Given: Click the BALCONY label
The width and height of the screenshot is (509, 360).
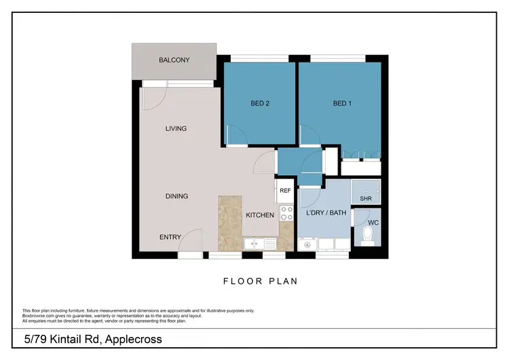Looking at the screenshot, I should [x=174, y=60].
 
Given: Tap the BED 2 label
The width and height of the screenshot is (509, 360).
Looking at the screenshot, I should [x=261, y=104].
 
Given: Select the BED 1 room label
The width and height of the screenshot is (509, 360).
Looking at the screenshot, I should [x=343, y=104].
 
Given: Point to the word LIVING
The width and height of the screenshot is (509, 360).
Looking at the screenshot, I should [x=176, y=128].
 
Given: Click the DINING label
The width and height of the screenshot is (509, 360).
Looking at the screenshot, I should [x=176, y=196].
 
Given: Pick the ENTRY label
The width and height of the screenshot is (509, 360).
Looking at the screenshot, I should [x=170, y=237].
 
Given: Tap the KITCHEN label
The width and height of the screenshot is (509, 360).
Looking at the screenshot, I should [x=260, y=215].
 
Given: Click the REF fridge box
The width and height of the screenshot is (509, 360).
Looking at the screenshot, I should [x=285, y=192].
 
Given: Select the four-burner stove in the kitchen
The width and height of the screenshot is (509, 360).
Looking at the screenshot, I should [x=286, y=213].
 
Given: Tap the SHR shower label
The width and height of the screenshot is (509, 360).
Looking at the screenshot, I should [x=365, y=200].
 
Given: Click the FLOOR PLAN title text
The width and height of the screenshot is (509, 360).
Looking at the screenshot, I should [x=261, y=281].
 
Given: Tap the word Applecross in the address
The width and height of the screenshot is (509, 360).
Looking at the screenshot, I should [x=131, y=339].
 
